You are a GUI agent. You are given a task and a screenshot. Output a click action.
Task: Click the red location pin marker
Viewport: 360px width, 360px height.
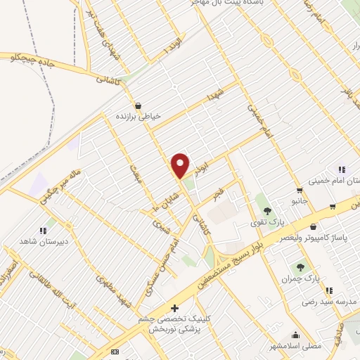click(x=181, y=165)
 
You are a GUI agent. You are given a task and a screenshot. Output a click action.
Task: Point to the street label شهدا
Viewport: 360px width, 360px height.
click(x=214, y=95)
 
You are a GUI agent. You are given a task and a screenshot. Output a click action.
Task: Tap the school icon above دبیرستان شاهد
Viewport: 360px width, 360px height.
click(x=43, y=230)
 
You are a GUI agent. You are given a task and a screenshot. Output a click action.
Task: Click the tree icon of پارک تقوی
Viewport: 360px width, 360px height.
click(x=265, y=210)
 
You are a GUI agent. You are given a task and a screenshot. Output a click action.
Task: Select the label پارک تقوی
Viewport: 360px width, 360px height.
click(x=264, y=224)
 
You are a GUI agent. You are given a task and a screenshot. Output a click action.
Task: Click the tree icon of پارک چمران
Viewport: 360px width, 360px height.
click(x=300, y=266)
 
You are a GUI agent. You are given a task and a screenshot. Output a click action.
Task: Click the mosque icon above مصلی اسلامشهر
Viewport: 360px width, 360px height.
click(x=295, y=335)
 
